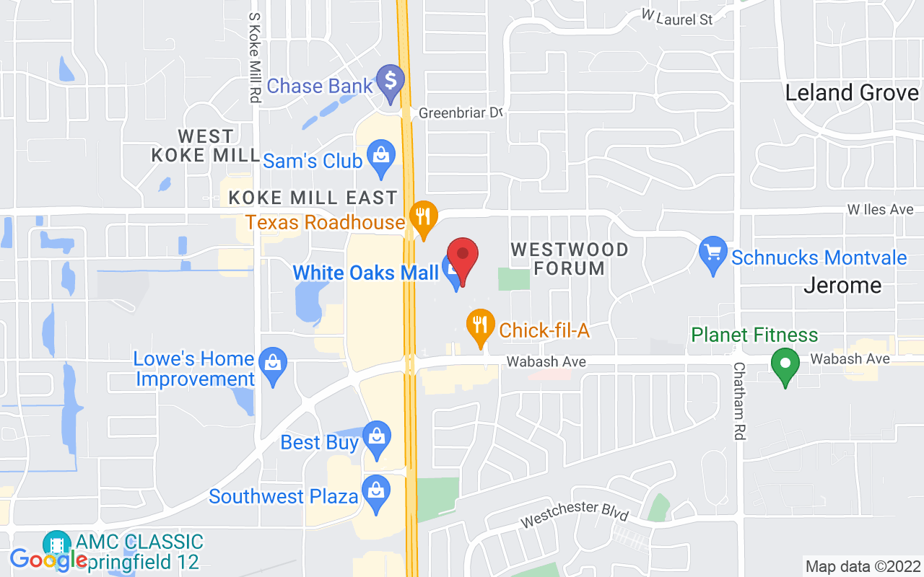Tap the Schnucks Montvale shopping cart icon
[x=714, y=254]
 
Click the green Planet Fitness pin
[x=785, y=365]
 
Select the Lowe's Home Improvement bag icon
[x=273, y=364]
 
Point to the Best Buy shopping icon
[x=376, y=438]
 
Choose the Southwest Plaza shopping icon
[x=376, y=493]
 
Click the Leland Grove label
[x=851, y=92]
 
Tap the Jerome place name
[x=842, y=286]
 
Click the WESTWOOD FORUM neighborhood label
[x=569, y=259]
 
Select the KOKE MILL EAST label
[x=313, y=198]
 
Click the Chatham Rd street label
[x=739, y=401]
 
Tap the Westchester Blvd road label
[x=574, y=514]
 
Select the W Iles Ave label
[x=880, y=209]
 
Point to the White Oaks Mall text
[x=365, y=273]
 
